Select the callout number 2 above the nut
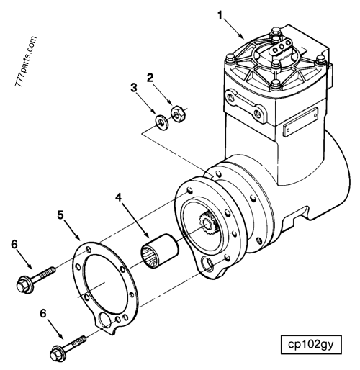150,76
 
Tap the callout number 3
132,88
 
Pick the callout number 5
61,214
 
